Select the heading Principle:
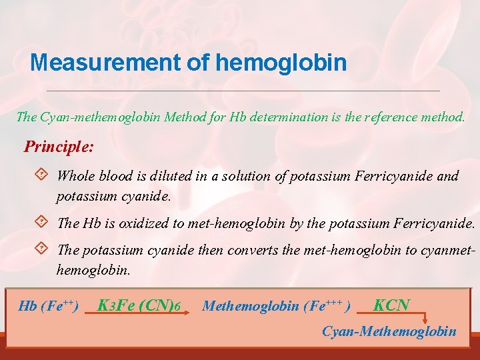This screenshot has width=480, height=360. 59,146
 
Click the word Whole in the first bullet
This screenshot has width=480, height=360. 76,176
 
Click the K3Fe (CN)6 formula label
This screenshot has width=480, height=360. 139,305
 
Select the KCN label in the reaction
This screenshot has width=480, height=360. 391,305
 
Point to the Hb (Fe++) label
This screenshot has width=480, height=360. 49,306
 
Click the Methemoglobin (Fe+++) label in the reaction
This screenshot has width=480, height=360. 277,306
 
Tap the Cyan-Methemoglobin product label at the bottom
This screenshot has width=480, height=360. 389,331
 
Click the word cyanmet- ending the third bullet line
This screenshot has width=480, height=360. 445,250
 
